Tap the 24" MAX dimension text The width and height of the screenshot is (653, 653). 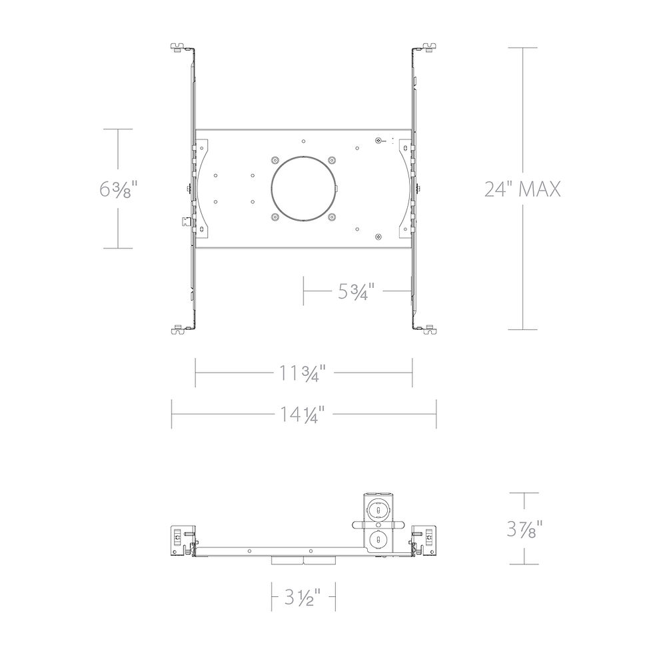[x=522, y=189]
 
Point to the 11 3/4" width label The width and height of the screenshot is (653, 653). [x=301, y=372]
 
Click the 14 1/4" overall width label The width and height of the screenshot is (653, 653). [x=301, y=414]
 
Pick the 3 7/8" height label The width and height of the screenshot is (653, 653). [x=525, y=529]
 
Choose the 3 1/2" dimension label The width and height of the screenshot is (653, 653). [x=303, y=598]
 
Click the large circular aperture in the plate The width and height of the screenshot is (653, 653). [x=303, y=188]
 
